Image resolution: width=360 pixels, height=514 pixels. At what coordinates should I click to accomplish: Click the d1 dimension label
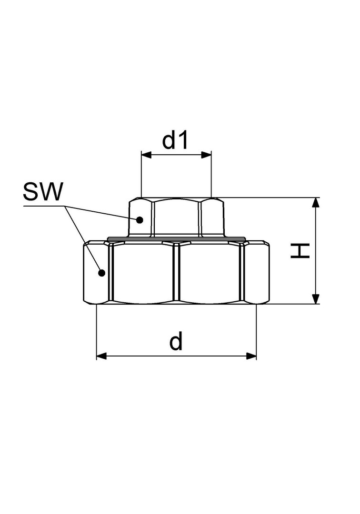(175, 140)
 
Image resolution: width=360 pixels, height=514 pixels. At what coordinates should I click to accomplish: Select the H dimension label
(300, 251)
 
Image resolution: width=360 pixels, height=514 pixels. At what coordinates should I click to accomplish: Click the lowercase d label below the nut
(176, 341)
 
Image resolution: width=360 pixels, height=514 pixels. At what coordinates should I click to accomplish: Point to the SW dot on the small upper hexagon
(140, 219)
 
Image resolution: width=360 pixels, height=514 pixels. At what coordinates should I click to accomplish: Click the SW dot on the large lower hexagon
(101, 272)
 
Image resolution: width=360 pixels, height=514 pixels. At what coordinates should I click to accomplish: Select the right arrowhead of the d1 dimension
(206, 155)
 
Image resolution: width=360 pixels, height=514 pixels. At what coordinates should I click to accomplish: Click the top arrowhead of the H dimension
(315, 203)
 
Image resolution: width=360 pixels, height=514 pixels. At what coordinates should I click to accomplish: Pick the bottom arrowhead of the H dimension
(315, 299)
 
